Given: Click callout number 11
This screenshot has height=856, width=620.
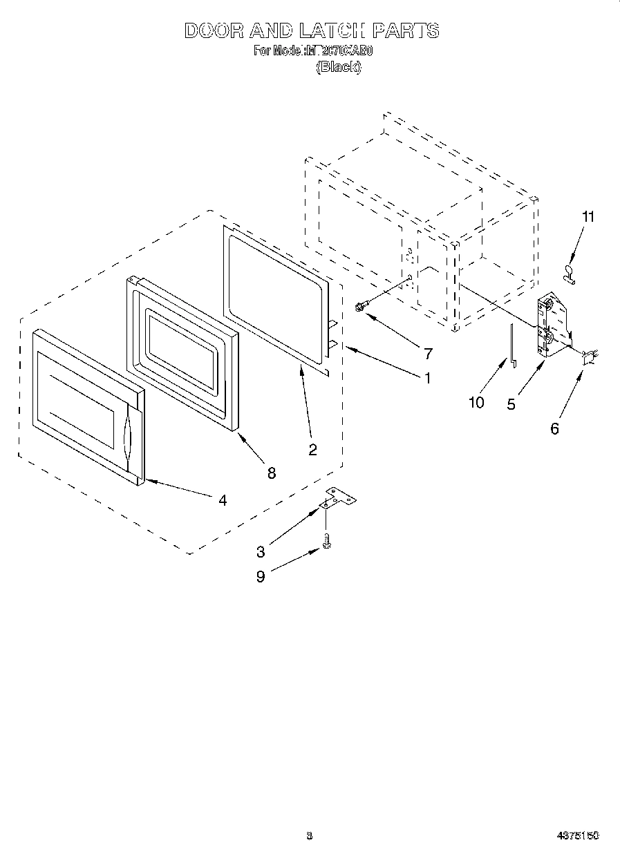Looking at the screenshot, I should pyautogui.click(x=588, y=217).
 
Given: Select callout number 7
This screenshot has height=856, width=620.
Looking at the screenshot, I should pyautogui.click(x=428, y=354).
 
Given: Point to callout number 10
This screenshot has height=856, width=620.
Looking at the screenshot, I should pyautogui.click(x=476, y=402).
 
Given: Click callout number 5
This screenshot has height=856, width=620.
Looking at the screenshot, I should pyautogui.click(x=511, y=405).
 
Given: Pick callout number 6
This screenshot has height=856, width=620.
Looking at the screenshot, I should pyautogui.click(x=554, y=428).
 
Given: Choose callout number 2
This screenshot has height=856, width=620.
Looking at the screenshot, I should pyautogui.click(x=312, y=450).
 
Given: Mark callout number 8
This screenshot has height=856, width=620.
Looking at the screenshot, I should pyautogui.click(x=271, y=473).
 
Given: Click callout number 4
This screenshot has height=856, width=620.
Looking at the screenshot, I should pyautogui.click(x=222, y=500).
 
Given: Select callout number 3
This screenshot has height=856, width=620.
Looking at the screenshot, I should pyautogui.click(x=261, y=551).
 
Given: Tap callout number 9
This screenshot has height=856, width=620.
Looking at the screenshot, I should pyautogui.click(x=261, y=577).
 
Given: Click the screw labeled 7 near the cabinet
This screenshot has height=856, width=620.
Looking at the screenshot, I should pyautogui.click(x=361, y=307).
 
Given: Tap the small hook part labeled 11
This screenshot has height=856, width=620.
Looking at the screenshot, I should pyautogui.click(x=571, y=274).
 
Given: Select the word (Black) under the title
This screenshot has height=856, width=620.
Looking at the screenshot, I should pyautogui.click(x=338, y=67).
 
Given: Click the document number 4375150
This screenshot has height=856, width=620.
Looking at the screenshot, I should pyautogui.click(x=577, y=835).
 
